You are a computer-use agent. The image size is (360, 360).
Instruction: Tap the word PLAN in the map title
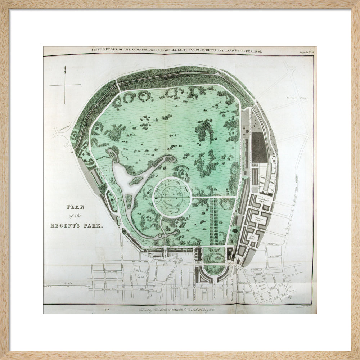point(75,207)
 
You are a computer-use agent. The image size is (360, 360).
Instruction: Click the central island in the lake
point(136,180)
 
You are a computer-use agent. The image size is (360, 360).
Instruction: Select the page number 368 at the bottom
point(107,309)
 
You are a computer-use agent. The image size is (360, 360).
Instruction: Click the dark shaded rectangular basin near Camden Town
point(259,148)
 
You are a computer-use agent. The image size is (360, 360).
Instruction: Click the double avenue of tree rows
point(213,221)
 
